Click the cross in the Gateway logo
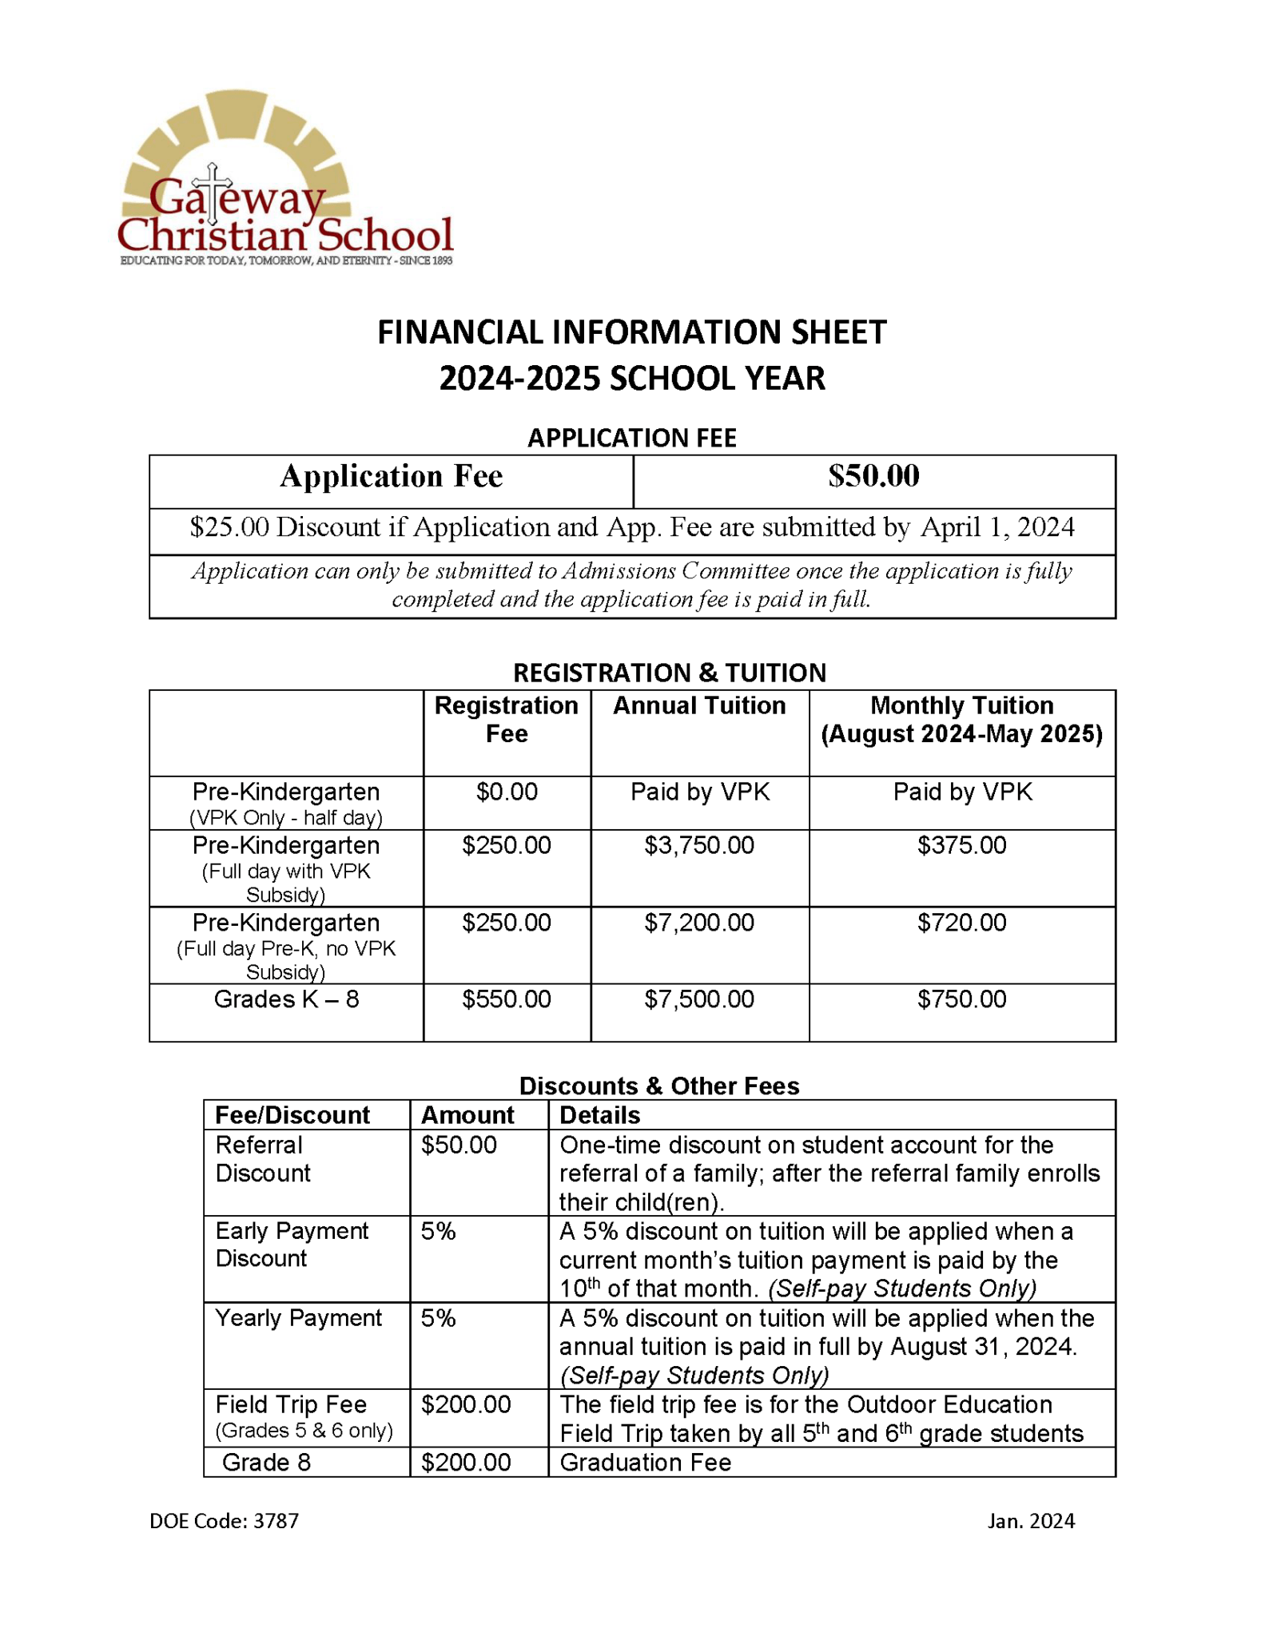pos(213,193)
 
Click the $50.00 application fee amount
pos(873,476)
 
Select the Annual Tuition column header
pos(699,705)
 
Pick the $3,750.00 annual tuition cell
pos(699,845)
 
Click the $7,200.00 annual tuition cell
pos(699,923)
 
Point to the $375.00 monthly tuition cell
pos(961,845)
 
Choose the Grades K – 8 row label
pos(286,999)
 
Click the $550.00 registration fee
pos(507,999)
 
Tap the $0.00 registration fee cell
pos(507,792)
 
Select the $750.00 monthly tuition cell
pos(961,999)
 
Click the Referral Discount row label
pos(262,1159)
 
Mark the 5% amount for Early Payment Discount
pos(438,1231)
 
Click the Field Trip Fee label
pos(291,1404)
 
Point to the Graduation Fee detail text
pos(645,1463)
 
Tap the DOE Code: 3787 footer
pos(224,1521)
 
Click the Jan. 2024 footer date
pos(1031,1521)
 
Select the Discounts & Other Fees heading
pos(659,1086)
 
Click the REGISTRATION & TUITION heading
pos(670,673)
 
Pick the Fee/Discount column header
pos(292,1115)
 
